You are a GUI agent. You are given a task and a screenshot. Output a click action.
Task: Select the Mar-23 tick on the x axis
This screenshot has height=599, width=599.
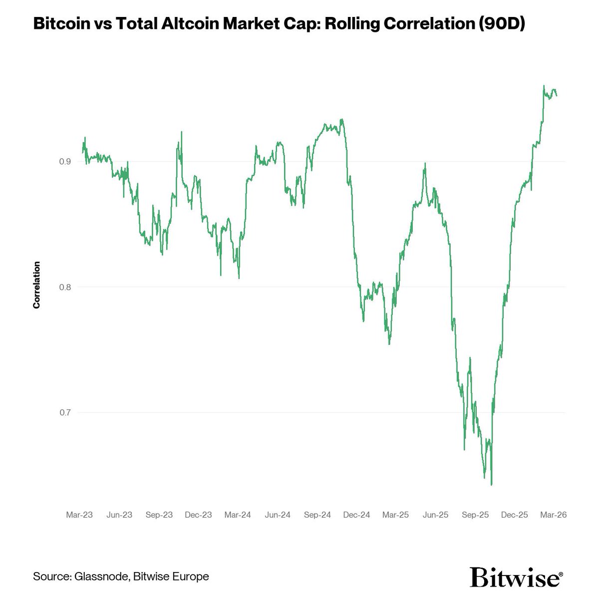pyautogui.click(x=79, y=515)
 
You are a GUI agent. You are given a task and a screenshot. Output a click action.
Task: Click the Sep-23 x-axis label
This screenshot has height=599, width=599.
pyautogui.click(x=159, y=515)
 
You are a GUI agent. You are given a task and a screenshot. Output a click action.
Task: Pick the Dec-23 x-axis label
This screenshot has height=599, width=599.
pyautogui.click(x=198, y=515)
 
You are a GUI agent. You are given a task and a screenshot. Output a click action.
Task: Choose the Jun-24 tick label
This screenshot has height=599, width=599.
pyautogui.click(x=278, y=515)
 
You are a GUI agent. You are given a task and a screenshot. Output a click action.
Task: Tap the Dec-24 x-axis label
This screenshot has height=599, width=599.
pyautogui.click(x=357, y=515)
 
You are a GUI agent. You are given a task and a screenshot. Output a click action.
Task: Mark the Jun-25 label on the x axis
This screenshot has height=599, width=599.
pyautogui.click(x=436, y=515)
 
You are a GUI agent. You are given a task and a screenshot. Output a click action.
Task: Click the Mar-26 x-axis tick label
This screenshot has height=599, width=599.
pyautogui.click(x=554, y=515)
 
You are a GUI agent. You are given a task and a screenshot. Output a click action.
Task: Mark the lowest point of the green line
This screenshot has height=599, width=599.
pyautogui.click(x=492, y=484)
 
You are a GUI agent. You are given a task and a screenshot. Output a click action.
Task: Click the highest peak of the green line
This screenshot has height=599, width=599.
pyautogui.click(x=544, y=86)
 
